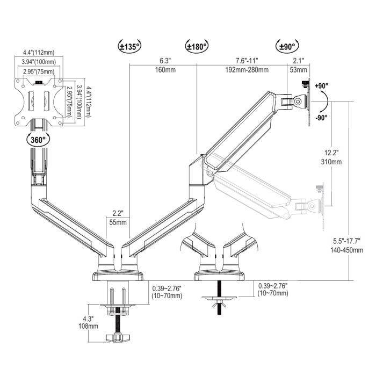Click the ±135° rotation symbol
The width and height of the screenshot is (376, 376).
(x=129, y=46)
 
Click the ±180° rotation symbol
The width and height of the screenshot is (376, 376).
(x=197, y=46)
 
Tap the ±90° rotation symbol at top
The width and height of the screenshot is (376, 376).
(x=286, y=46)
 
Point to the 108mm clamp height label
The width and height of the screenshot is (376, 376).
(x=91, y=326)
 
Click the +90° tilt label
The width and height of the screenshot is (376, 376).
(x=322, y=86)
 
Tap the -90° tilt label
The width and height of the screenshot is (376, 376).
(x=322, y=118)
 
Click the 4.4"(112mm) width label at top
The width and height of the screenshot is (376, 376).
(x=38, y=52)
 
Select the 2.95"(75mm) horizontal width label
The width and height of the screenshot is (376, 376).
(x=38, y=71)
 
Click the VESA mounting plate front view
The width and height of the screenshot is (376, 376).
(x=38, y=100)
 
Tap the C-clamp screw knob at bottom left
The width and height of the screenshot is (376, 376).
(x=119, y=337)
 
